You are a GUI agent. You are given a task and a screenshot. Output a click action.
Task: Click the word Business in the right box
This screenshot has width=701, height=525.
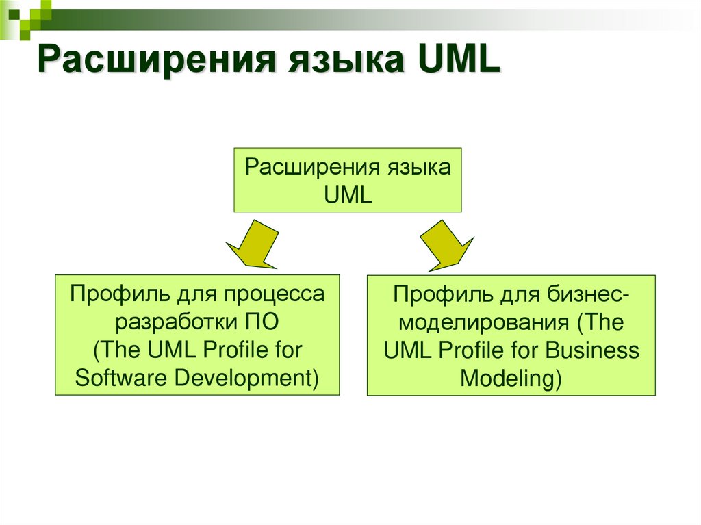(592, 350)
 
